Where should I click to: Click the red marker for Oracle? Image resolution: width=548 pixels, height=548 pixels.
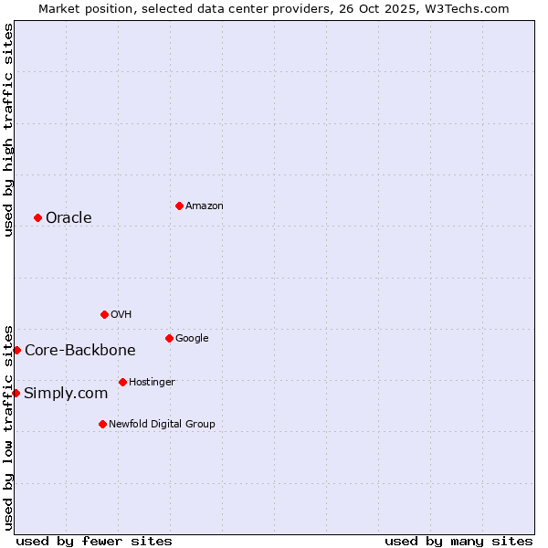[x=37, y=217]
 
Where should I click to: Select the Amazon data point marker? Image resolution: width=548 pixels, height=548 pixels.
[x=179, y=205]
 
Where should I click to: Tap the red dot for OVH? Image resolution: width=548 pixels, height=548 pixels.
[x=104, y=314]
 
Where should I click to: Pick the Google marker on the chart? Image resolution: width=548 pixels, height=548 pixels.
[x=169, y=338]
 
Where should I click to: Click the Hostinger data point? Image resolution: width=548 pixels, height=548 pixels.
[x=122, y=382]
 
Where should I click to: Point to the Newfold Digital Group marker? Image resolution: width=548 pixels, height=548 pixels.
[x=102, y=424]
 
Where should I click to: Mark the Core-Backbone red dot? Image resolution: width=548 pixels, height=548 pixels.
[x=16, y=350]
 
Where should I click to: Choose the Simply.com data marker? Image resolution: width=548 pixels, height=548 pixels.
[x=16, y=393]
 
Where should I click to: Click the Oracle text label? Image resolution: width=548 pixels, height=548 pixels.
[x=68, y=217]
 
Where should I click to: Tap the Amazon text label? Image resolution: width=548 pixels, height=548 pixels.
[x=205, y=205]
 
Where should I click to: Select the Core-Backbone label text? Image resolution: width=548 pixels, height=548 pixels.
[x=80, y=350]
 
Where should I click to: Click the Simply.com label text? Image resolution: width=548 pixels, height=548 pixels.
[x=66, y=393]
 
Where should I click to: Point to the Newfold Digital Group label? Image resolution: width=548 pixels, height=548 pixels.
[x=162, y=424]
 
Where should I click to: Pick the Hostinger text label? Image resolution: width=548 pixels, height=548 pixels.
[x=152, y=382]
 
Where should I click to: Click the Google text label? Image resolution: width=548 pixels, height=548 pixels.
[x=192, y=338]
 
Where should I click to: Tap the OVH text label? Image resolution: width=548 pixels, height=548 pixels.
[x=121, y=314]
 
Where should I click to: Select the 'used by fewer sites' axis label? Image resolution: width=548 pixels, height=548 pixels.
[x=94, y=541]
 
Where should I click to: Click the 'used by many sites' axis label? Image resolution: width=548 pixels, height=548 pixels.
[x=458, y=541]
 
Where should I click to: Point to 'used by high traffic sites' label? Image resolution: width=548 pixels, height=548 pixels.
[x=8, y=130]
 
